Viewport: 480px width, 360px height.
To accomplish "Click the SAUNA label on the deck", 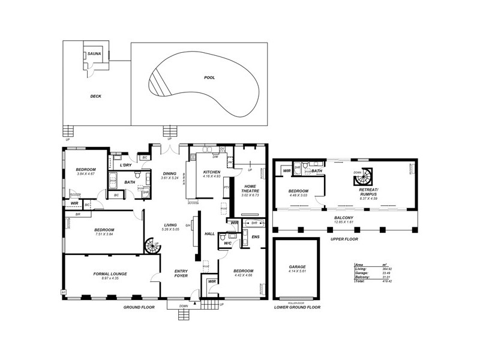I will tap(95, 54).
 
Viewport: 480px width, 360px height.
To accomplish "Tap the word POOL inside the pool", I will tap(209, 77).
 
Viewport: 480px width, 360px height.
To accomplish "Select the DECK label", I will tap(96, 96).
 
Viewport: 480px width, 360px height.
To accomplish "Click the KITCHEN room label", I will tap(212, 172).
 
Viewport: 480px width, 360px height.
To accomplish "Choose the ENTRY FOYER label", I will tap(181, 273).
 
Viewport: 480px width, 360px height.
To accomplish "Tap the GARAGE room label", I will tap(298, 266).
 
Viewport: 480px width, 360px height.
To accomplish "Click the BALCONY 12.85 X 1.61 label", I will tap(344, 220).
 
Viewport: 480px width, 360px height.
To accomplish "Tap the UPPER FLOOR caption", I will tap(344, 239).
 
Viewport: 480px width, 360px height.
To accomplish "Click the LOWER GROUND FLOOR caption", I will tap(297, 307).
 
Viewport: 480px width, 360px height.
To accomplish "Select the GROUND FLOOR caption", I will tap(140, 307).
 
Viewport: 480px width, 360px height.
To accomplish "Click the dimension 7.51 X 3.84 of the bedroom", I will tap(104, 235).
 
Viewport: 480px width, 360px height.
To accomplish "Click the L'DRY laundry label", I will tap(125, 165).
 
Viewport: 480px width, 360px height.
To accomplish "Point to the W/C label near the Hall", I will tap(228, 244).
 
